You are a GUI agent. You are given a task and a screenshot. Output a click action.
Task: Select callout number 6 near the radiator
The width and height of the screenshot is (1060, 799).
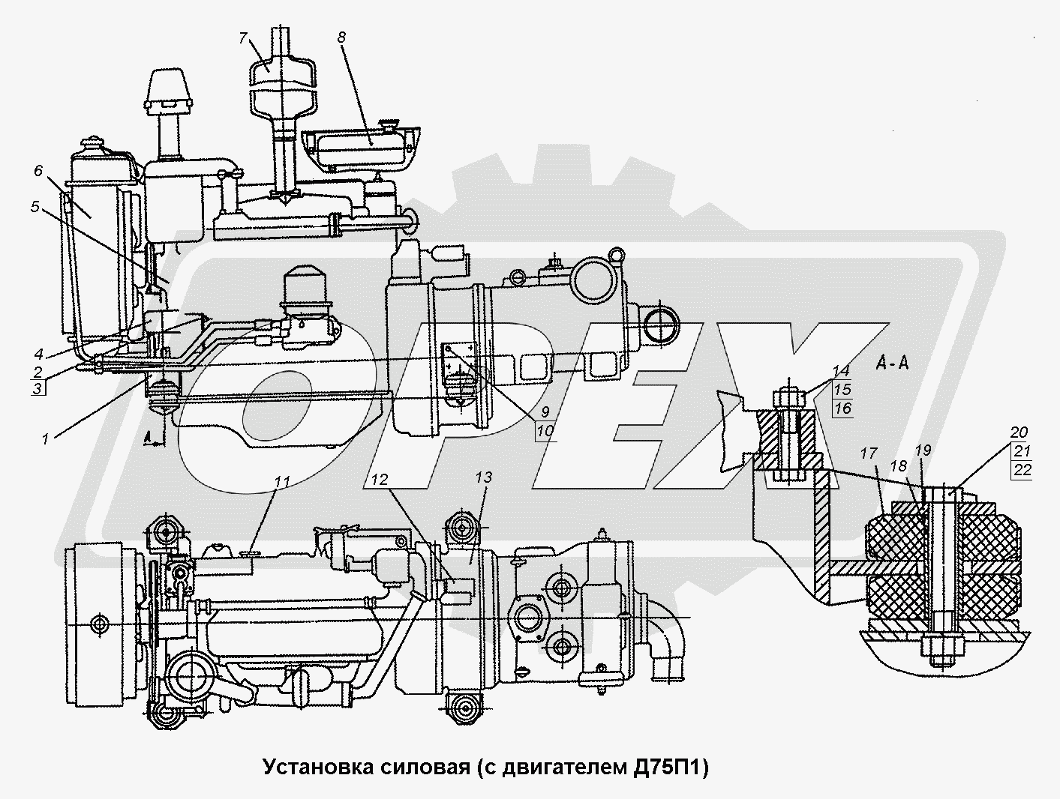(x=38, y=171)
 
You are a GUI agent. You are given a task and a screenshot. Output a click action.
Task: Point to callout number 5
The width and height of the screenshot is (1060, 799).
(x=35, y=205)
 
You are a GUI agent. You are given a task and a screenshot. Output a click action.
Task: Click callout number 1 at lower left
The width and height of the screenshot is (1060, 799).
(x=45, y=440)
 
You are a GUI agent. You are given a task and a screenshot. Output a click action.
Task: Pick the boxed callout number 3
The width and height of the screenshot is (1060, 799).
(x=37, y=388)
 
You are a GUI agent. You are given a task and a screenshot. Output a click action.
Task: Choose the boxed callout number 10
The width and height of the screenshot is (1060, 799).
(x=545, y=430)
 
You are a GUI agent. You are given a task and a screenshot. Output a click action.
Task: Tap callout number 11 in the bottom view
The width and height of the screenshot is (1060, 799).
(x=281, y=483)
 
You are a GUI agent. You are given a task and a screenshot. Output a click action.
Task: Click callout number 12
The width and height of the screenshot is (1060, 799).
(x=381, y=480)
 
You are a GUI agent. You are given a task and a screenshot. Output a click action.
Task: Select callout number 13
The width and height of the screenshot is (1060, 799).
(x=483, y=477)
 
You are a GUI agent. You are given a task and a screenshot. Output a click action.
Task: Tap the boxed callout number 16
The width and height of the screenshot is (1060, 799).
(x=842, y=408)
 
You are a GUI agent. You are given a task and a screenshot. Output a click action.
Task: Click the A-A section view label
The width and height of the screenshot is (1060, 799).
(x=893, y=364)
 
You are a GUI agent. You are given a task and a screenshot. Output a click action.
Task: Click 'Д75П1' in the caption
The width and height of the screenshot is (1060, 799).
(x=668, y=767)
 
